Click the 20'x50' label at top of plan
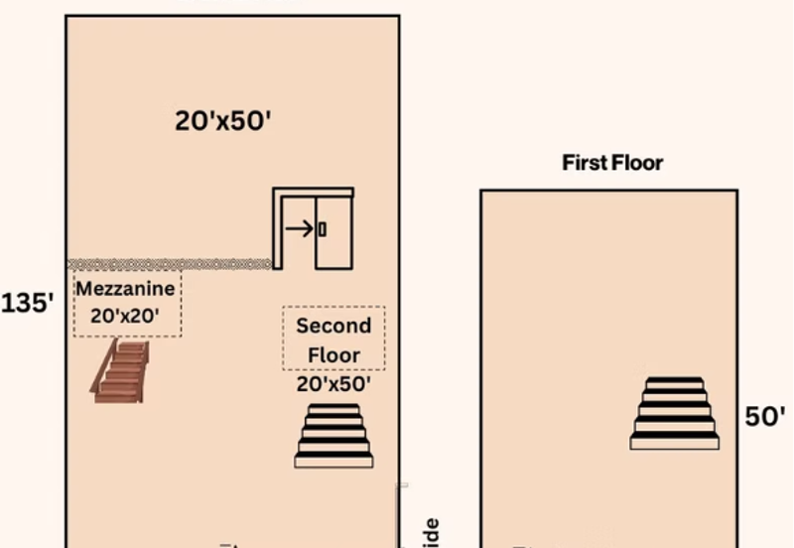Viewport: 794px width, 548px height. tap(223, 121)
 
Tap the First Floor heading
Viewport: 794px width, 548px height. tap(612, 162)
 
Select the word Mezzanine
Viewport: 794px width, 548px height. tap(126, 289)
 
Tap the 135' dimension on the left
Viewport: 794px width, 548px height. tap(27, 303)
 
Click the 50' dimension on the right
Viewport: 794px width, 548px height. tap(765, 417)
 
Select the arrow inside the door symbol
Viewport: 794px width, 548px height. tap(298, 229)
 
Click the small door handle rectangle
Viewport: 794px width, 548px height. tap(322, 229)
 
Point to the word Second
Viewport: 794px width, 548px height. tap(333, 326)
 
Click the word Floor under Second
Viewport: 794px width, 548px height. tap(333, 354)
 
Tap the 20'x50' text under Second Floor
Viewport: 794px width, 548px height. tap(333, 383)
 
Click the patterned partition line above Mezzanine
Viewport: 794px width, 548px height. tap(169, 264)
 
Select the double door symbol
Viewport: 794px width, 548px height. tap(314, 228)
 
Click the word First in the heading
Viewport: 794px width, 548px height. tap(584, 162)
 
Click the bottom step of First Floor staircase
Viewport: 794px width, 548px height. tap(674, 443)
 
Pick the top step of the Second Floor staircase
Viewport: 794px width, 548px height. tap(333, 408)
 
